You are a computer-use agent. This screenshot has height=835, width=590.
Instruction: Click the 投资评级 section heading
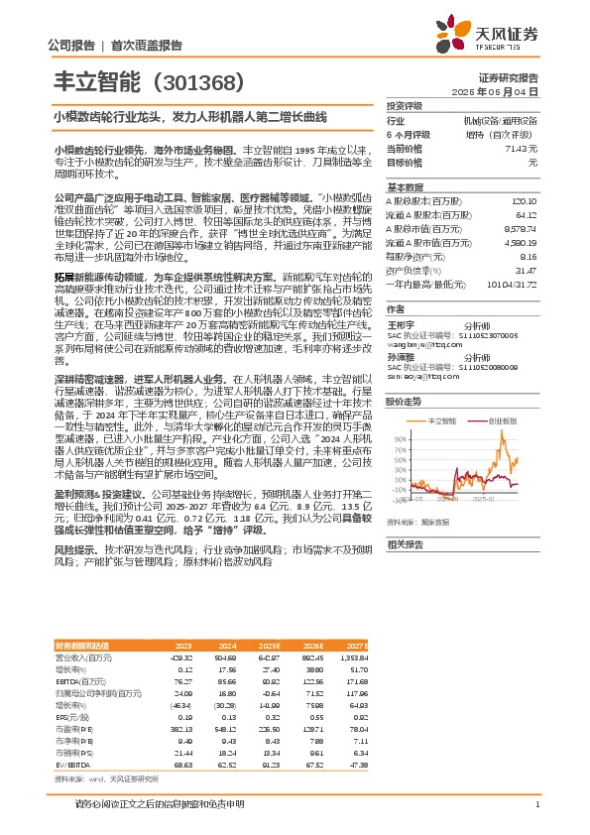tap(405, 105)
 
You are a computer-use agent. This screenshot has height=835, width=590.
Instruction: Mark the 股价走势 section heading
tap(405, 401)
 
